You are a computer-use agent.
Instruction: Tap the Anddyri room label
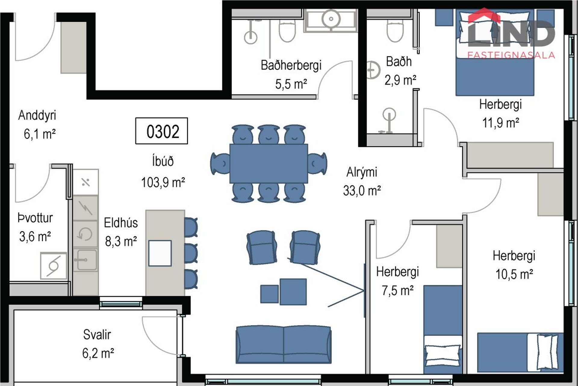[37, 115]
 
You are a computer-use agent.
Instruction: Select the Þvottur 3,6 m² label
[35, 227]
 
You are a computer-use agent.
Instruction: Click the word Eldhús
[121, 223]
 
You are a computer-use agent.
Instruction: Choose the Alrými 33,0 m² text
[362, 181]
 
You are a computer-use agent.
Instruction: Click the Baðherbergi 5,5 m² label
[291, 74]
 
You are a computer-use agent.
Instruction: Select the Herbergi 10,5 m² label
[514, 265]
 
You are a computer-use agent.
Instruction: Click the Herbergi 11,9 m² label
[501, 113]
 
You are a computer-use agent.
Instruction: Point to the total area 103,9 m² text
[163, 182]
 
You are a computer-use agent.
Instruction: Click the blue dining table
[269, 163]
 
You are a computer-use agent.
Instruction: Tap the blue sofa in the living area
[284, 344]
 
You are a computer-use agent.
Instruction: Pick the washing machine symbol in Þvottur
[54, 266]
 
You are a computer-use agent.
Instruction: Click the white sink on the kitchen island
[160, 253]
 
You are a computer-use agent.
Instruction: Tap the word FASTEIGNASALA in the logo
[511, 55]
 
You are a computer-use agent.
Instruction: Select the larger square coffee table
[293, 292]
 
